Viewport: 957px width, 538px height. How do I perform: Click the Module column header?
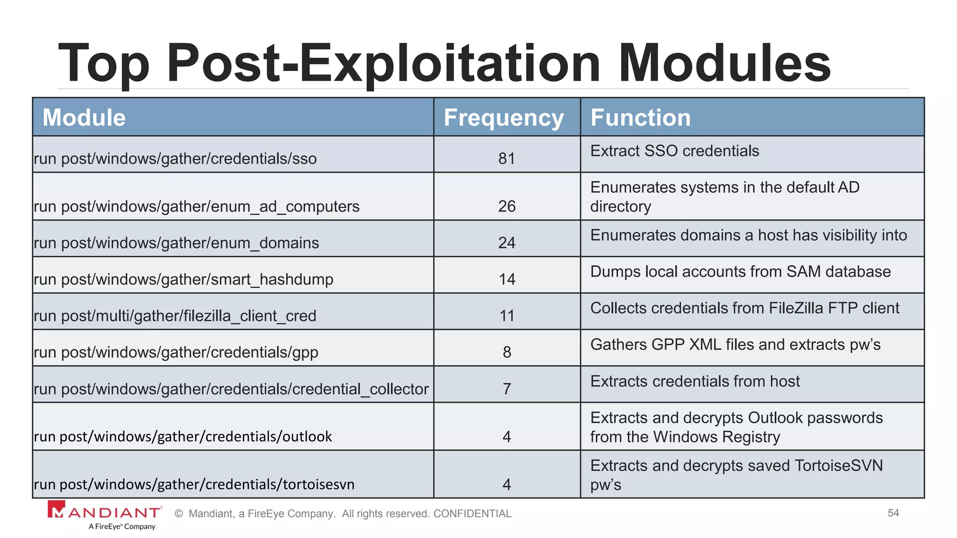(x=84, y=117)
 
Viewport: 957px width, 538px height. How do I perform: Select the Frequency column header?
(x=504, y=117)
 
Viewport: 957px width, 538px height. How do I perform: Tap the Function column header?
(x=640, y=117)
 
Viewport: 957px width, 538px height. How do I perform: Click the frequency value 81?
(x=507, y=159)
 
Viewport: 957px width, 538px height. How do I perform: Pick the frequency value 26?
(x=507, y=206)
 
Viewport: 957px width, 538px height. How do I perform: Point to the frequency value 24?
(x=507, y=243)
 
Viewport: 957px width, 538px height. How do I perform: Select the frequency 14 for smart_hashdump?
(x=507, y=279)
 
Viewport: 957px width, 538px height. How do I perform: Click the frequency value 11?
(x=507, y=316)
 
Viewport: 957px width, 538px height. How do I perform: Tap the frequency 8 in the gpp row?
(x=507, y=352)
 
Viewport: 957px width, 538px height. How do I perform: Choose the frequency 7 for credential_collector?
(x=507, y=389)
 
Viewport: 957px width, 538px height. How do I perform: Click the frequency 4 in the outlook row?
(x=507, y=437)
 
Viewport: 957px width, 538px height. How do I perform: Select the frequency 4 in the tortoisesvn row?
(x=507, y=484)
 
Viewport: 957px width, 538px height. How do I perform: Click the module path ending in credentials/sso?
(x=175, y=159)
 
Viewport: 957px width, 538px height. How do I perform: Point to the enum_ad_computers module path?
(x=197, y=206)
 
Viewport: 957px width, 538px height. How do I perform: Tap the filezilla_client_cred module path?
(x=175, y=316)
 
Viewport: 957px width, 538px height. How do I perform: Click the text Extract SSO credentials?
(x=674, y=151)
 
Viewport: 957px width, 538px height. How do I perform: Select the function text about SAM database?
(x=740, y=271)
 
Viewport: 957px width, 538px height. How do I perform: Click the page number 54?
(x=893, y=513)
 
